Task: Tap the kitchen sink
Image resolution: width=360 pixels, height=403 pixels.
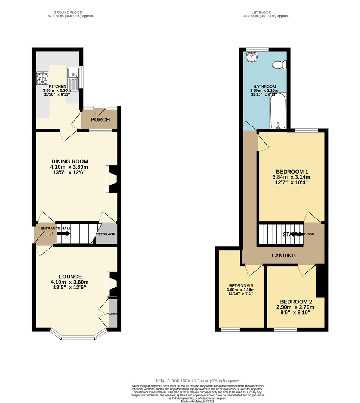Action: click(x=73, y=79)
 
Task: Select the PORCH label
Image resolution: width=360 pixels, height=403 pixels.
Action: click(x=100, y=120)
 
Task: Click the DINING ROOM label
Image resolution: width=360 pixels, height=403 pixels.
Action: click(x=69, y=162)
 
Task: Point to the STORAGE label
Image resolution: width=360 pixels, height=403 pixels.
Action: click(x=106, y=234)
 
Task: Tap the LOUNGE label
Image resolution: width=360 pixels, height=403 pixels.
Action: click(x=69, y=277)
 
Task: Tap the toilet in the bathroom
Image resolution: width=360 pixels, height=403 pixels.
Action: click(x=279, y=65)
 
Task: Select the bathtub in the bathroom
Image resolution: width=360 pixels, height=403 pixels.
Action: click(x=278, y=110)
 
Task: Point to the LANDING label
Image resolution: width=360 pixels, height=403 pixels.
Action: click(x=284, y=256)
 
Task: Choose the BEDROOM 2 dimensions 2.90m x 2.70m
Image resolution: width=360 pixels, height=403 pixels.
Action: click(x=295, y=307)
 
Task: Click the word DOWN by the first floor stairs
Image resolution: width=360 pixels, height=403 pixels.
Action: click(x=309, y=234)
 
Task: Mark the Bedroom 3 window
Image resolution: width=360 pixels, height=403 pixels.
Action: click(x=230, y=329)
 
